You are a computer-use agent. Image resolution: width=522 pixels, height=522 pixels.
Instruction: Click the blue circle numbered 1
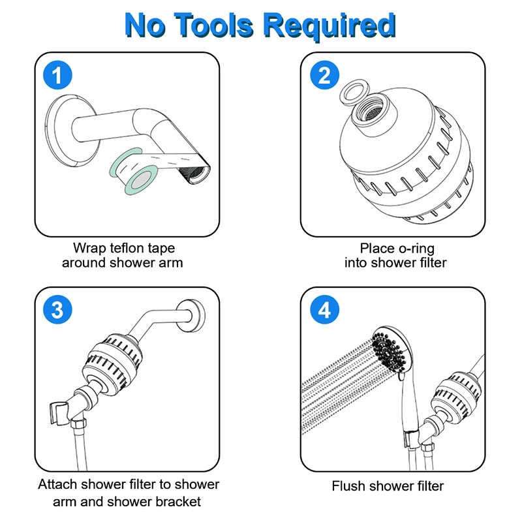pos(57,75)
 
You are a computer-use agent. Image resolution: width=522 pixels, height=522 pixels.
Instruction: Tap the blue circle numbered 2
pos(324,75)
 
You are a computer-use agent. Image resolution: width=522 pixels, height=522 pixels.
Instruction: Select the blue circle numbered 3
pos(57,309)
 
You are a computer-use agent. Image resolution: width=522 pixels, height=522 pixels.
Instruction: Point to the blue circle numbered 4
pos(324,309)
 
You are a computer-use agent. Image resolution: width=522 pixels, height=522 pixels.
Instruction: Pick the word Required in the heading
pos(330,26)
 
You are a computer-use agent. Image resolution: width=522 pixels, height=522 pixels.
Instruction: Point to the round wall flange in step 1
pos(67,130)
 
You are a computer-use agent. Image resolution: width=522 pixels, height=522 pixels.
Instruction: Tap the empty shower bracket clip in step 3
pos(60,413)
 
